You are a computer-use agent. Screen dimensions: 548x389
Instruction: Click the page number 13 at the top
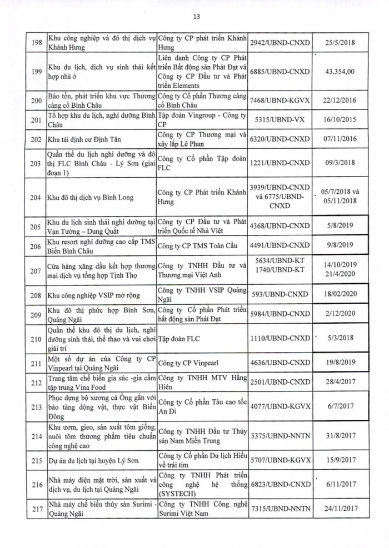195,16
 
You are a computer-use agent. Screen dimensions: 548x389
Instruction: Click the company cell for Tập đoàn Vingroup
201,119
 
